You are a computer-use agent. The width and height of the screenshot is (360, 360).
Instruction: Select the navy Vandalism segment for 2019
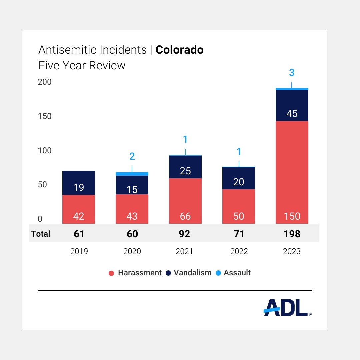pos(79,183)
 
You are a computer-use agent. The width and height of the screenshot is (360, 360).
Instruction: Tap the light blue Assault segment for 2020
pos(132,174)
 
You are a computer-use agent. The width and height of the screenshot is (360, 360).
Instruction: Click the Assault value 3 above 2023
pos(292,73)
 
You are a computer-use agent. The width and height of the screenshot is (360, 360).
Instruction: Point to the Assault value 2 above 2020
pos(132,156)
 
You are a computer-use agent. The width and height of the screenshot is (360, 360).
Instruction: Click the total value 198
pos(292,234)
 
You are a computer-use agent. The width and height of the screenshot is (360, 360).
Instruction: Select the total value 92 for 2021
pos(184,234)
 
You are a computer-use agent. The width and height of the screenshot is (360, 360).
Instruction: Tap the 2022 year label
pos(239,251)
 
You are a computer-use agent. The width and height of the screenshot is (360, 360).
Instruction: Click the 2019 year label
pos(79,251)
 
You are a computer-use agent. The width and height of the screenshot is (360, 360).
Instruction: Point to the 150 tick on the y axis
pos(45,116)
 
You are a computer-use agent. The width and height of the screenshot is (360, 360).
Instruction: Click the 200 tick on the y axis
pos(45,82)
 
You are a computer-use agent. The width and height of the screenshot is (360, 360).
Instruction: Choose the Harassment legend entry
pos(135,273)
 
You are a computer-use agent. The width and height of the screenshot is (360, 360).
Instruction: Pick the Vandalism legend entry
pos(188,273)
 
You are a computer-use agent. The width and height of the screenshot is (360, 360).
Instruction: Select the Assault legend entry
pos(233,273)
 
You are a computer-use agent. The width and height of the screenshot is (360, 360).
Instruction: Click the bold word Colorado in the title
pos(179,50)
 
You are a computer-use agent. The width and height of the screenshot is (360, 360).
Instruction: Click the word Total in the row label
pos(41,234)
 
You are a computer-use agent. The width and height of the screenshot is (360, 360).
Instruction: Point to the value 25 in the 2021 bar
pos(185,171)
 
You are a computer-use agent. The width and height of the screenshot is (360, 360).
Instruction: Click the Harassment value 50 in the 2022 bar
pos(239,216)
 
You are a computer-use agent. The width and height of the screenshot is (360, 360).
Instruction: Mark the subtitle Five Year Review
pos(82,65)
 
